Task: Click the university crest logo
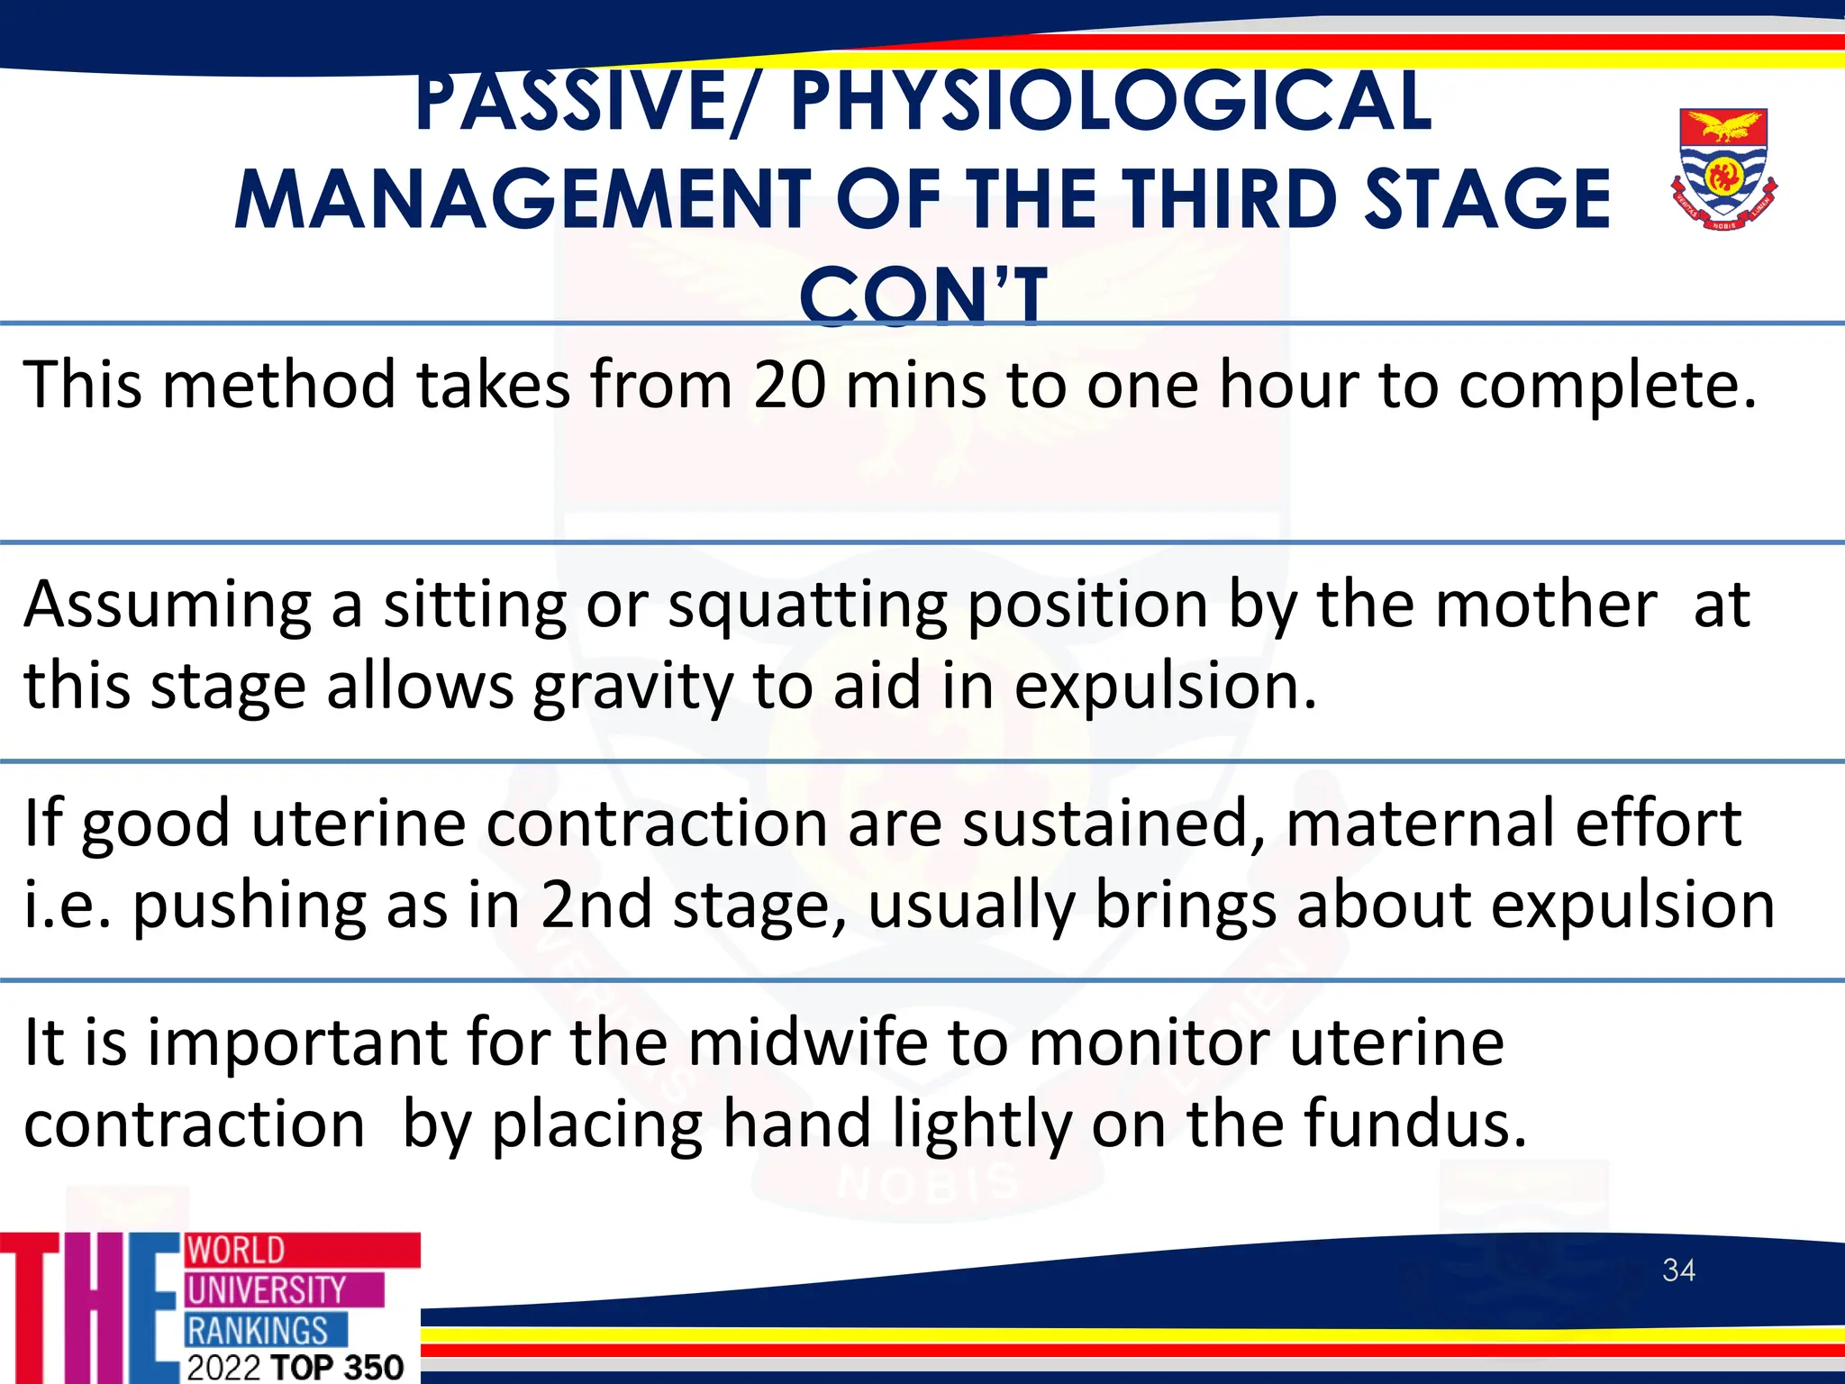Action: click(1723, 168)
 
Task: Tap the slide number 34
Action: click(1678, 1270)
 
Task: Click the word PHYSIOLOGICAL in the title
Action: click(1110, 101)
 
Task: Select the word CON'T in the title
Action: click(923, 296)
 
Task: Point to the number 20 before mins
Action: click(789, 386)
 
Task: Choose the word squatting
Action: click(807, 605)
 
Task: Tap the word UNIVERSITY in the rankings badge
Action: click(267, 1290)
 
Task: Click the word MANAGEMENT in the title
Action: click(523, 200)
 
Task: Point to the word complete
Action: click(1607, 386)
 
